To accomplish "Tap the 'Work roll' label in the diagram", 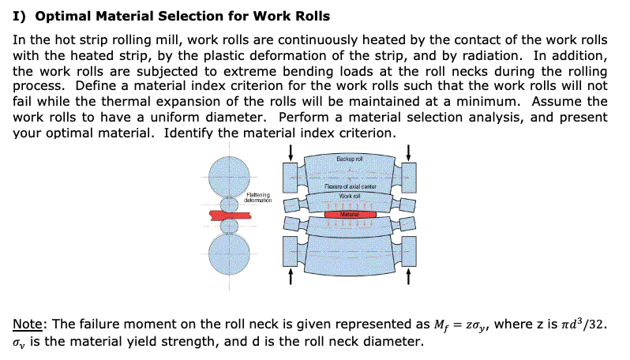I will pyautogui.click(x=349, y=194).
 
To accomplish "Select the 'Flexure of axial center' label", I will pyautogui.click(x=349, y=186).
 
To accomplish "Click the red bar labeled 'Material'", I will pyautogui.click(x=349, y=213).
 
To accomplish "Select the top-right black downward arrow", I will pyautogui.click(x=408, y=150).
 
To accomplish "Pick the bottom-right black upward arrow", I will pyautogui.click(x=408, y=276).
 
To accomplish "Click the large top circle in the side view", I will pyautogui.click(x=229, y=174).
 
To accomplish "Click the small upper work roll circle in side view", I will pyautogui.click(x=229, y=204).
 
